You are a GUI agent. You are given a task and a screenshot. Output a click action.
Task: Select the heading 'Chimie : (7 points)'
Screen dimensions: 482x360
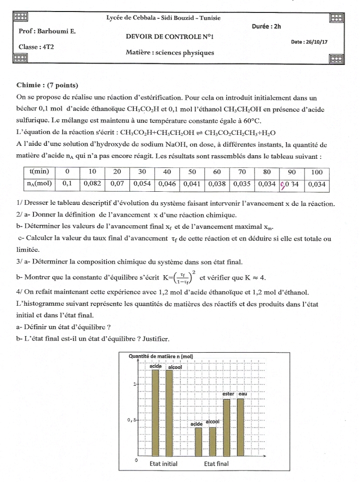(47, 85)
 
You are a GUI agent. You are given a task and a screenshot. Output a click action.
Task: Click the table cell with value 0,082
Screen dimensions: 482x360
(92, 183)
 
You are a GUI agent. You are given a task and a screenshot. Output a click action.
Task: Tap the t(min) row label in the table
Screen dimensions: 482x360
(39, 172)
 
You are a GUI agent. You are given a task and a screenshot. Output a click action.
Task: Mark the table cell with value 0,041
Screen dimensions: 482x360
(192, 183)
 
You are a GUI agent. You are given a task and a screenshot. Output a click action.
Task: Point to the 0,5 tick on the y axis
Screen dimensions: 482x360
(132, 420)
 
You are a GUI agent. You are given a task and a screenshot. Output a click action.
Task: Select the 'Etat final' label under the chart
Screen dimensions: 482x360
(216, 464)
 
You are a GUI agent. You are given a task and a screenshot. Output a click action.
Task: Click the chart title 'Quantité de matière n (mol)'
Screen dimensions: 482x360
(161, 356)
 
